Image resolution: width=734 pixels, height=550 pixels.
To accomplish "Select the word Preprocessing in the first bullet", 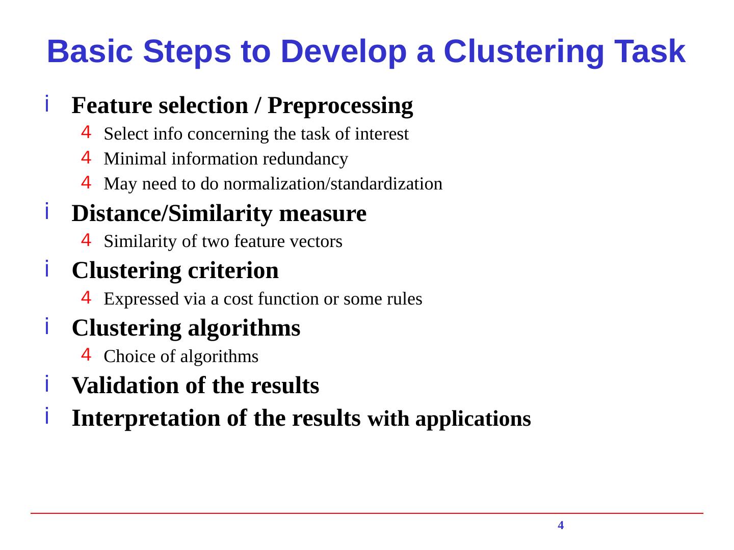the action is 340,106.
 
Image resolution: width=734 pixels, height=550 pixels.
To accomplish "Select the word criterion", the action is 233,270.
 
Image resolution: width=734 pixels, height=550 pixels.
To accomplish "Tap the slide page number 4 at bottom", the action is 561,526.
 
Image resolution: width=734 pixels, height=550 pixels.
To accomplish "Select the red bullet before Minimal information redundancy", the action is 86,157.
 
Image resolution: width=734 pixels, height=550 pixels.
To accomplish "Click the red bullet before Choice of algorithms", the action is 86,353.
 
